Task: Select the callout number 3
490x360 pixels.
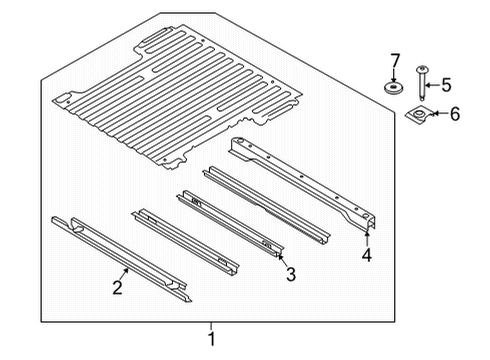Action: coord(289,274)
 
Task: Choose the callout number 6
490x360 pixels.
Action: coord(454,114)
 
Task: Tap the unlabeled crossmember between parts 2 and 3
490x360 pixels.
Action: coord(185,240)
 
